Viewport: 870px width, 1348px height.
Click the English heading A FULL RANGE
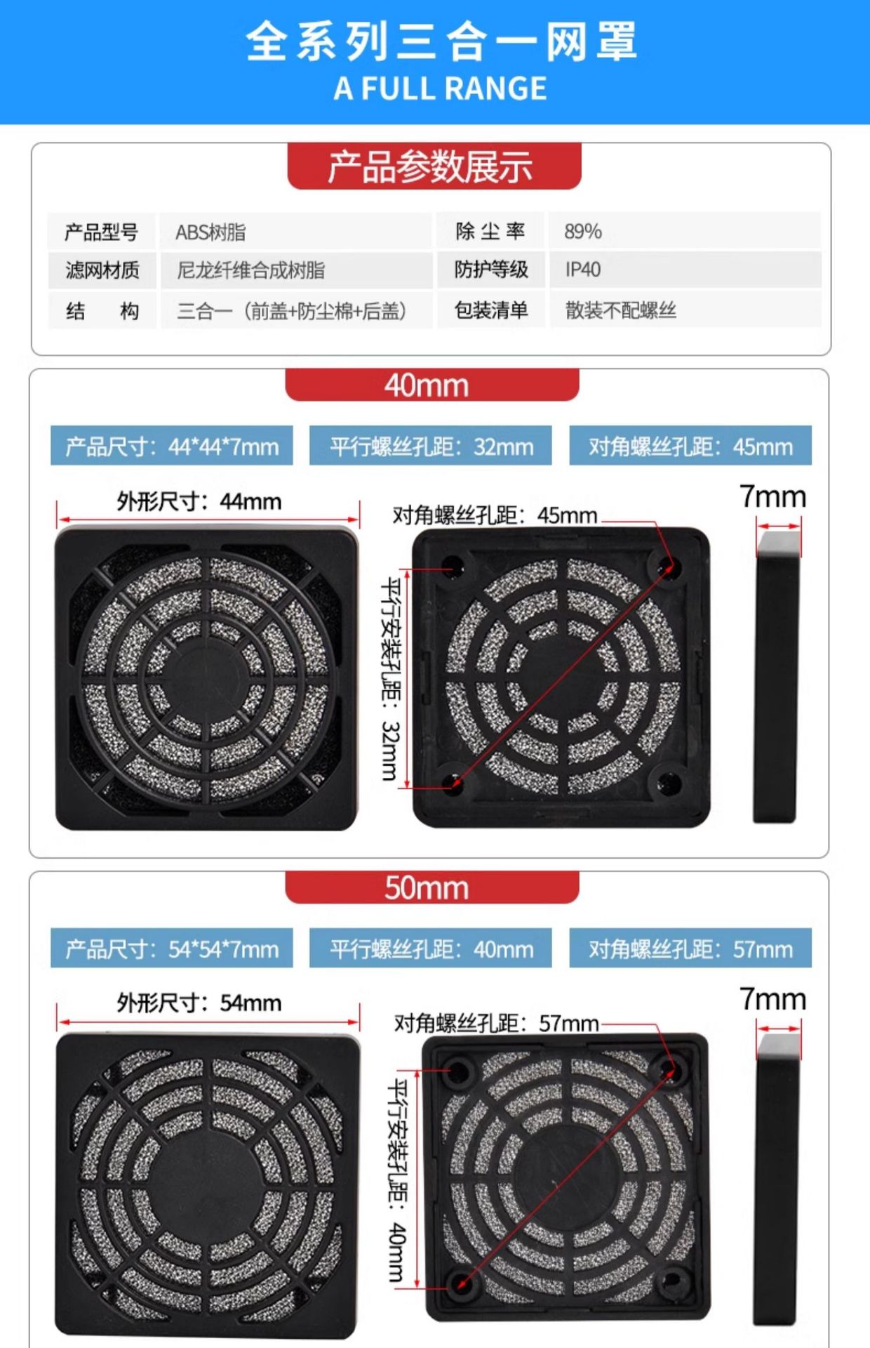(x=440, y=88)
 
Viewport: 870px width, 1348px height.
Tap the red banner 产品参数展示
(x=434, y=166)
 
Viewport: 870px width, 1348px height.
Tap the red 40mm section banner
(x=432, y=385)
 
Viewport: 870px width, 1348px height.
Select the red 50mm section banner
(x=432, y=887)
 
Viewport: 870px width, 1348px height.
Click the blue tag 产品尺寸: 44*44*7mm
(x=172, y=446)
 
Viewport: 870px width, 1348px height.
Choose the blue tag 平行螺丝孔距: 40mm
(x=431, y=949)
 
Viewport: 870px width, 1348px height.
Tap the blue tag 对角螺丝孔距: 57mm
(x=690, y=949)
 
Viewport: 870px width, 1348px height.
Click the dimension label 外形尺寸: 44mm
(x=199, y=501)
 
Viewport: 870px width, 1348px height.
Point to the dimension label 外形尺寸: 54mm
(x=199, y=1003)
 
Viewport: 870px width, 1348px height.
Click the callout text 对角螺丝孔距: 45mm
(x=495, y=515)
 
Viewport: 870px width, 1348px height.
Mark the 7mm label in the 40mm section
(x=772, y=496)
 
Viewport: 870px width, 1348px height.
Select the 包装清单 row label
(x=491, y=310)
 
